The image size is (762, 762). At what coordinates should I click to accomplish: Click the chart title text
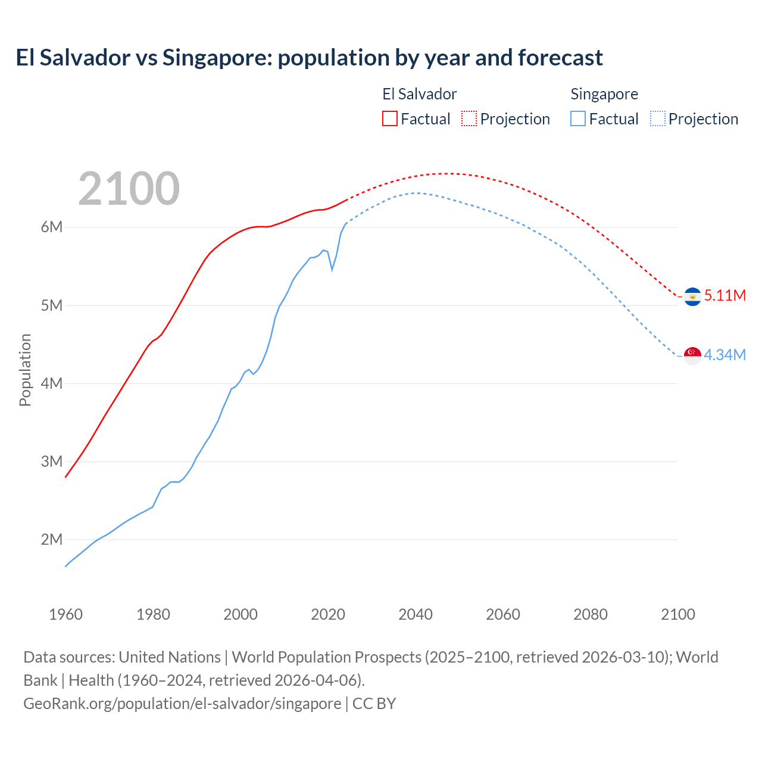[309, 58]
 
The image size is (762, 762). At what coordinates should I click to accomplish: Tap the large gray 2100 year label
[129, 189]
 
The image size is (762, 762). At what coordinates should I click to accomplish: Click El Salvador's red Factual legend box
[389, 118]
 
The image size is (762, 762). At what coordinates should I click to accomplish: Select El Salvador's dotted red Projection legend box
[469, 118]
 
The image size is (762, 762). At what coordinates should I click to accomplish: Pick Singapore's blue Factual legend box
[577, 118]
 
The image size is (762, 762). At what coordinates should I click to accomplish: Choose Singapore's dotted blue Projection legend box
[657, 118]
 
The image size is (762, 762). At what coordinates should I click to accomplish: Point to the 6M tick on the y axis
[52, 227]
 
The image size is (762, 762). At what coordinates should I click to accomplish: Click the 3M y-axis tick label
[52, 461]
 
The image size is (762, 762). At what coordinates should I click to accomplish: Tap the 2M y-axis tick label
[52, 539]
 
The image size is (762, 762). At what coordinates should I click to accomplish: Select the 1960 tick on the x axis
[65, 614]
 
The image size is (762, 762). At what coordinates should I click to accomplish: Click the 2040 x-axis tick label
[416, 614]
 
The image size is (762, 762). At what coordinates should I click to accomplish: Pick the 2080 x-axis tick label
[591, 614]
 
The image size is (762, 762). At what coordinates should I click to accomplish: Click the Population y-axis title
[25, 370]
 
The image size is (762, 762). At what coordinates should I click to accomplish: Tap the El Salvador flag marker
[692, 296]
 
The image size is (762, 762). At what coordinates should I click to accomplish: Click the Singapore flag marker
[692, 355]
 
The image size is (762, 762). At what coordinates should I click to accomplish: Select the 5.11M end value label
[724, 295]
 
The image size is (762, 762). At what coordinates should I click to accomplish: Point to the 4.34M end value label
[724, 355]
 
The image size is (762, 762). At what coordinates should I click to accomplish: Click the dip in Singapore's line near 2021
[332, 270]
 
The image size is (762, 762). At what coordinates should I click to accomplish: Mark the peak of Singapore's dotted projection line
[416, 193]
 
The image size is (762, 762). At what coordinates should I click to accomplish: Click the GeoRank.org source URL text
[182, 704]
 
